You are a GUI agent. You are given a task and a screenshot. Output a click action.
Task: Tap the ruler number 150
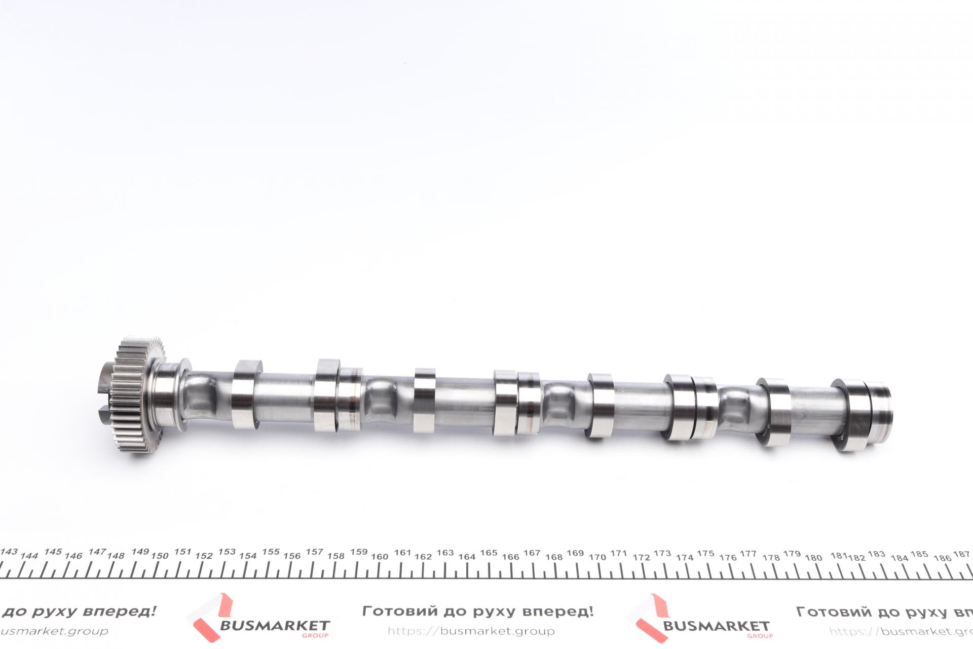click(x=160, y=556)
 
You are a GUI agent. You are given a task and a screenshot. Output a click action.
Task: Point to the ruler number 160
click(x=379, y=556)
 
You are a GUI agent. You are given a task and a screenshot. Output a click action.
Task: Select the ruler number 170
click(x=597, y=557)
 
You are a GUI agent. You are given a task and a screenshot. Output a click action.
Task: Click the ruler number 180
click(x=813, y=557)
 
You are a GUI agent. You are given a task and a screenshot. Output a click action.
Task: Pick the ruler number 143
click(x=9, y=552)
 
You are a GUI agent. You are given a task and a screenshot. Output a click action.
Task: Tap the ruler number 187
click(x=961, y=554)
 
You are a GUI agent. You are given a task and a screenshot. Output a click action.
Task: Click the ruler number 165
click(x=489, y=553)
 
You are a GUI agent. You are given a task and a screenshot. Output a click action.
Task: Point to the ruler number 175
click(x=705, y=553)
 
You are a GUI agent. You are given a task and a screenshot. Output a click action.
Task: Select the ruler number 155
click(x=271, y=552)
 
